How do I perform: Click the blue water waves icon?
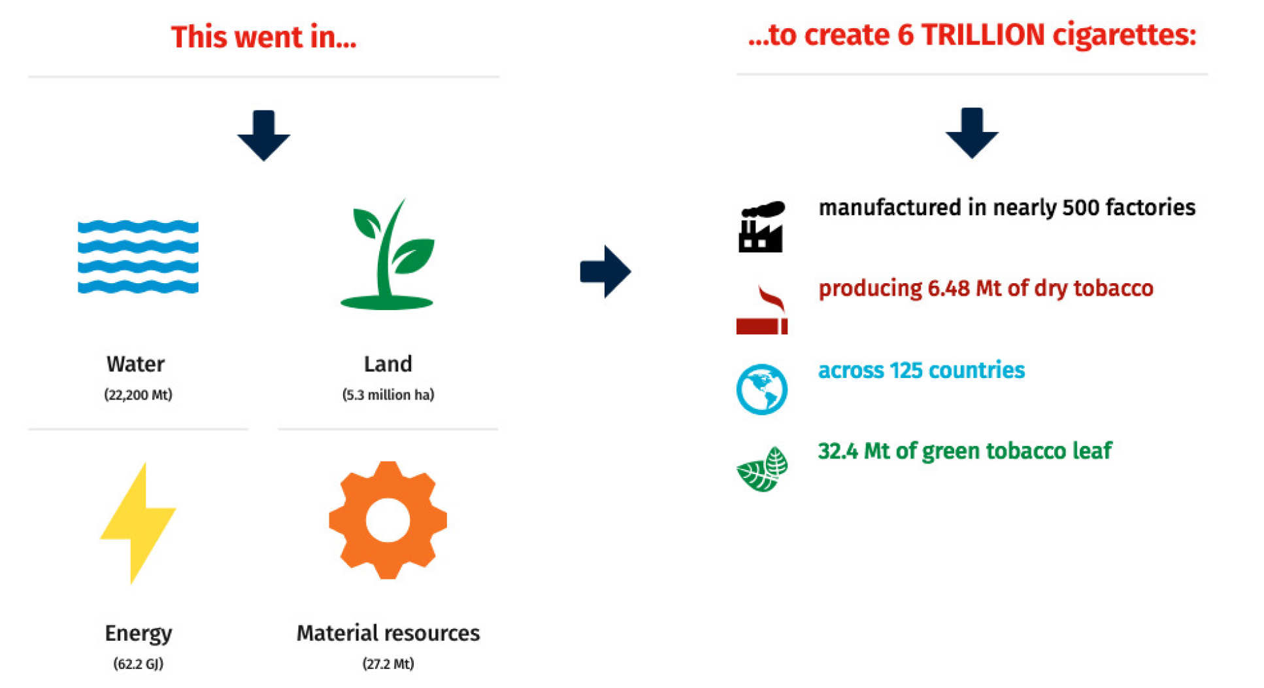point(138,257)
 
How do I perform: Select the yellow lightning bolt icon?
point(138,523)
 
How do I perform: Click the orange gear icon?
point(388,520)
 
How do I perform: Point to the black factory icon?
point(761,227)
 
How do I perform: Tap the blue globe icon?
point(762,389)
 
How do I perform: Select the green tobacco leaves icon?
point(762,469)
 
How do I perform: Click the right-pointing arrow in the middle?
point(605,271)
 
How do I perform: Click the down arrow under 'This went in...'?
point(263,135)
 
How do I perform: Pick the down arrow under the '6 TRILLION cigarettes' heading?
point(972,133)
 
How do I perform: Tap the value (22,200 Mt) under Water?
point(138,394)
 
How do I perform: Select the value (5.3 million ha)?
point(388,394)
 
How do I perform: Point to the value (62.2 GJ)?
point(138,664)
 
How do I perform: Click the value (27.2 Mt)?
point(388,664)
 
